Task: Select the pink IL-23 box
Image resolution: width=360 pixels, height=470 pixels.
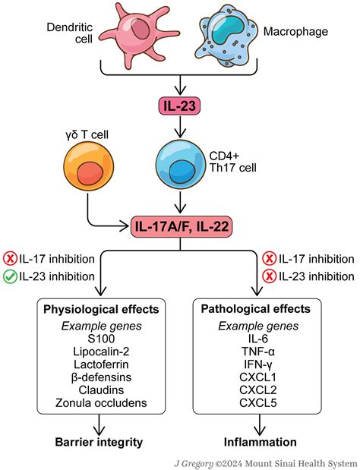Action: click(180, 106)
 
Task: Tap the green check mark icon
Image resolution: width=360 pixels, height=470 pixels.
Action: click(11, 276)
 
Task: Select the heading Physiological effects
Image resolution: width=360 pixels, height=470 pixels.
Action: click(100, 310)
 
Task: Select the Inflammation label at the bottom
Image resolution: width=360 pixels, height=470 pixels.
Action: click(260, 441)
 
